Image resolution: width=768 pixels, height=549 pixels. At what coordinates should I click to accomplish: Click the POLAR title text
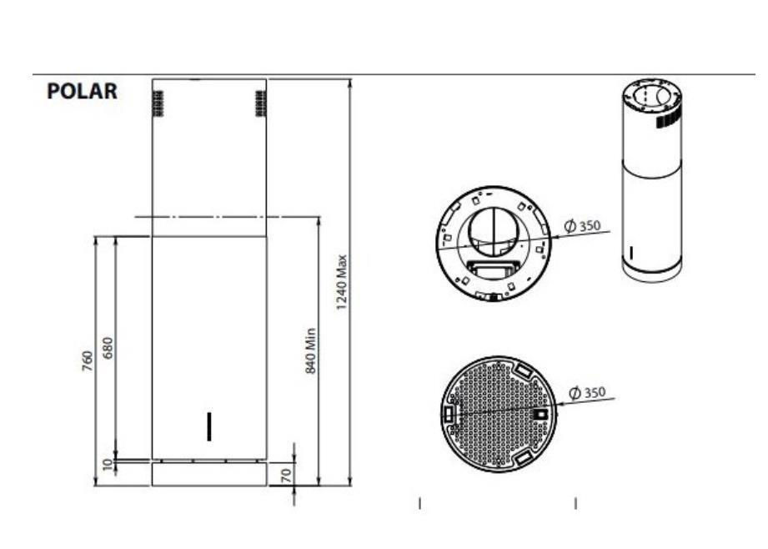(82, 91)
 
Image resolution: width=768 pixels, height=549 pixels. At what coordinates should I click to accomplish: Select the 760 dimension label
(87, 360)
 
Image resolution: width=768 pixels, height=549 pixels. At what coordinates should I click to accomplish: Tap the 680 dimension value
(108, 348)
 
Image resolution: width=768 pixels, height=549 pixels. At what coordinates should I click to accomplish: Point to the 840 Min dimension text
(310, 351)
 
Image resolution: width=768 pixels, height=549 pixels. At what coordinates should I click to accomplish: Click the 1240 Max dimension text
(341, 282)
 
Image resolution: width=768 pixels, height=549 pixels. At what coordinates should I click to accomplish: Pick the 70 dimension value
(286, 475)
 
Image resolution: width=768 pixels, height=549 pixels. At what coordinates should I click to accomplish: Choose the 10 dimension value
(108, 465)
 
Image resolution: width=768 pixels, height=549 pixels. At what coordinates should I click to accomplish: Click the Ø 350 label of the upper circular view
(582, 226)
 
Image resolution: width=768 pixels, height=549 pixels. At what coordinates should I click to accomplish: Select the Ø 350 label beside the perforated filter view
(587, 393)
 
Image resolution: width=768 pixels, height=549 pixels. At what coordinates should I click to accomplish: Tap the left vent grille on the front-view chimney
(158, 103)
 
